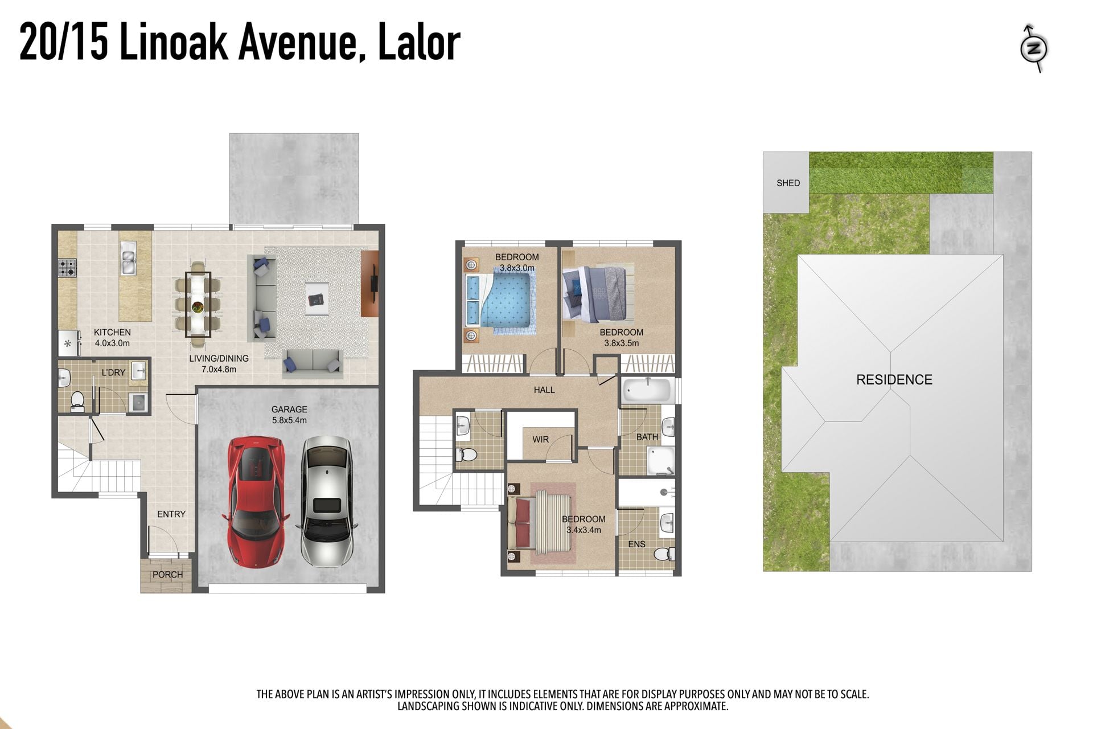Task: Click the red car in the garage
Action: click(x=256, y=502)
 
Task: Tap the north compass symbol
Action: click(x=1034, y=48)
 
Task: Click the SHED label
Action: click(x=788, y=183)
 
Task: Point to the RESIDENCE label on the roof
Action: click(x=894, y=380)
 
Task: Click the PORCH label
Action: click(x=167, y=575)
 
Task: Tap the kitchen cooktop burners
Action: click(x=67, y=268)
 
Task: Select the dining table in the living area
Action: click(x=198, y=304)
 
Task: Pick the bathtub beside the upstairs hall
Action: click(x=648, y=391)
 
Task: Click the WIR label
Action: click(x=540, y=440)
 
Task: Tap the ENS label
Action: click(x=636, y=544)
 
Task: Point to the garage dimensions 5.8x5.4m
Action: click(x=289, y=420)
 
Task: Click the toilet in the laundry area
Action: click(x=77, y=400)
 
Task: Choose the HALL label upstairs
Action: click(x=544, y=390)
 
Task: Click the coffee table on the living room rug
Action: click(x=317, y=298)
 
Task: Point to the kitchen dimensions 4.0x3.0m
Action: click(x=112, y=343)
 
